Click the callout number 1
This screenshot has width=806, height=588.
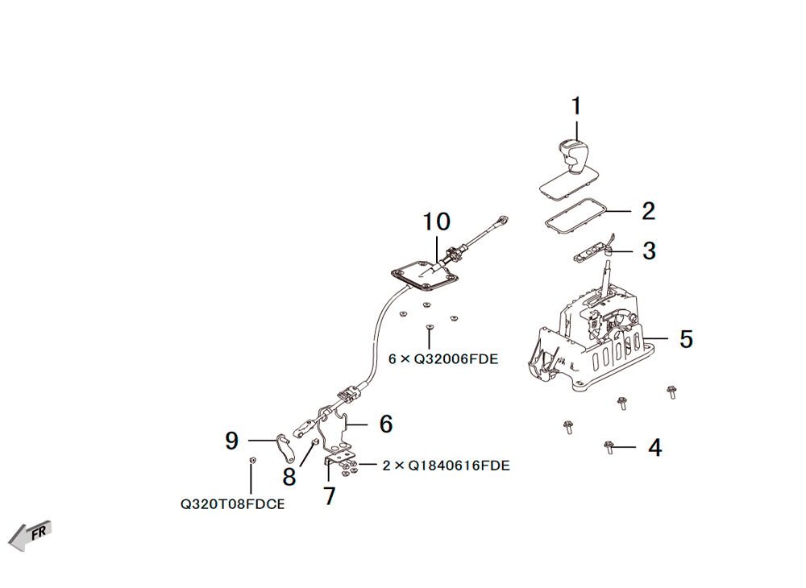576,106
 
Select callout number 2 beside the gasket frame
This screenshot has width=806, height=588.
648,211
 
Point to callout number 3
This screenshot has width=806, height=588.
649,251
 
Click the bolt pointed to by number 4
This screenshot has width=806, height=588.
609,448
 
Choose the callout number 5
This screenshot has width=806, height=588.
686,339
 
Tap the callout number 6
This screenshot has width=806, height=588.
386,424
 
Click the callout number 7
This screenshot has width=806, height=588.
330,496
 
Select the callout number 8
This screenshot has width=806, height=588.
289,477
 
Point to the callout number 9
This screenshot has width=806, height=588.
232,441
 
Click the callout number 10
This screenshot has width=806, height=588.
436,222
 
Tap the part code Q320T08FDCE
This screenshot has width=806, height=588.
232,504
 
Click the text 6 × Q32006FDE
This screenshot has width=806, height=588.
443,359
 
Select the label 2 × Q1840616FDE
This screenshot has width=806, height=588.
447,466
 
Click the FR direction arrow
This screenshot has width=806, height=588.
30,536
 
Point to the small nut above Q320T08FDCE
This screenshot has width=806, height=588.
251,460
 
